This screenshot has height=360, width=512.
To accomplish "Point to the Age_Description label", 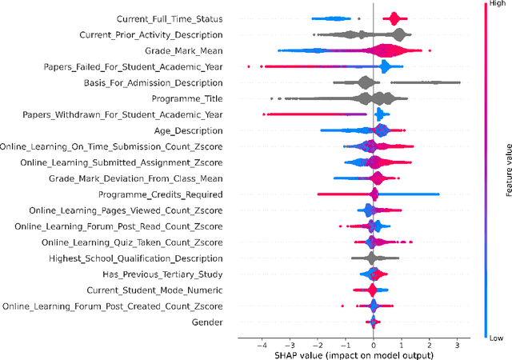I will (x=189, y=130).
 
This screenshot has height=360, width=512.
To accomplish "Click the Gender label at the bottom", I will (x=207, y=322).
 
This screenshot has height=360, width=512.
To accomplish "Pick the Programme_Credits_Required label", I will (x=160, y=194).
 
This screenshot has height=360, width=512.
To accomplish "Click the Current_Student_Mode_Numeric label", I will (x=155, y=290).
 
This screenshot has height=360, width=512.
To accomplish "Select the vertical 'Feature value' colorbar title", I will (x=508, y=171).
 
